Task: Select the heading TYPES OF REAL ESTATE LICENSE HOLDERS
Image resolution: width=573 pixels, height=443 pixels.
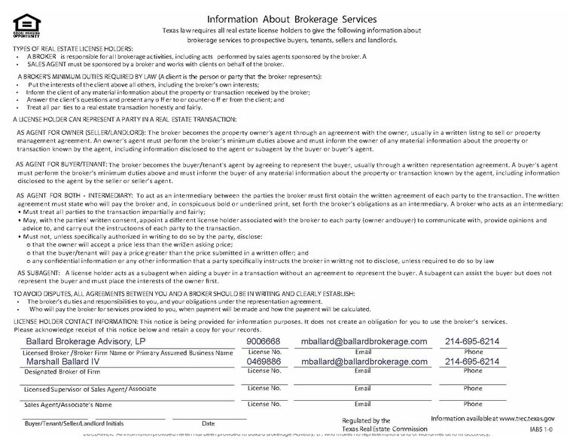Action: [x=72, y=47]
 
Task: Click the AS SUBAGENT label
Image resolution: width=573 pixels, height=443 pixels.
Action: [x=40, y=272]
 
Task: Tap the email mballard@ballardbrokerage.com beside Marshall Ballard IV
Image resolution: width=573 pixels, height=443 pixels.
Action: [x=364, y=361]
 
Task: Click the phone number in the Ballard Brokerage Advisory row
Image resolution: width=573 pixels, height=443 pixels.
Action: [x=472, y=341]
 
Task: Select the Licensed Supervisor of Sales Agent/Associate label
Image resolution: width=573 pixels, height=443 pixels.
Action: [x=84, y=389]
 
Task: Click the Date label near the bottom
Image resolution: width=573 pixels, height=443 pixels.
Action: [x=208, y=423]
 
